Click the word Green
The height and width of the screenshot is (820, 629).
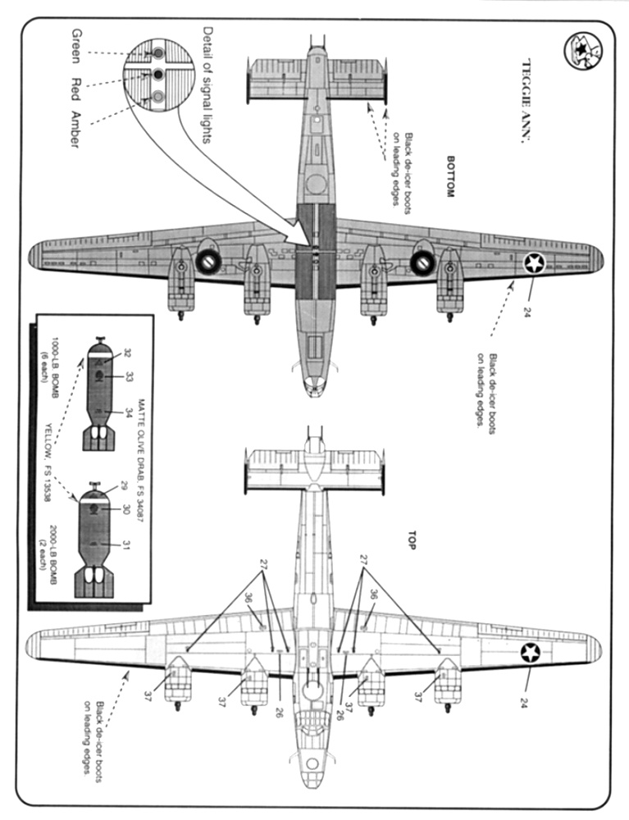tap(75, 46)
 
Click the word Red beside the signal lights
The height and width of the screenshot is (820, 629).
tap(75, 87)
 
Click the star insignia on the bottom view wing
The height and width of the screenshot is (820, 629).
tap(536, 264)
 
